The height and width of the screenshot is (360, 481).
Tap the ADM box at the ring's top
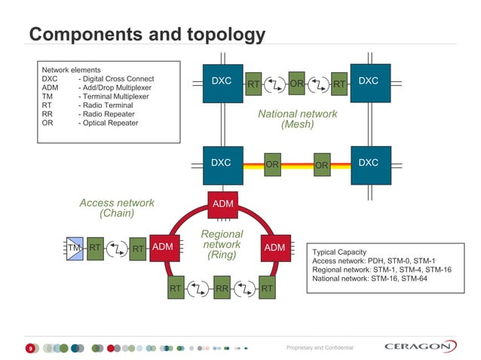coord(222,204)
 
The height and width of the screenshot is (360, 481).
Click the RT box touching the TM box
coord(95,247)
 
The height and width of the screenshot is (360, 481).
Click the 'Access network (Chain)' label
coord(117,208)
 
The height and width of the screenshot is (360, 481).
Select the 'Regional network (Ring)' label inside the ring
coord(222,245)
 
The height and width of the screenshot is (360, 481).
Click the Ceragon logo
coord(420,346)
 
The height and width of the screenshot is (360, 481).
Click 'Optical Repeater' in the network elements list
coord(108,123)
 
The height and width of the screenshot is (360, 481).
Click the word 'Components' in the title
coord(79,35)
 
